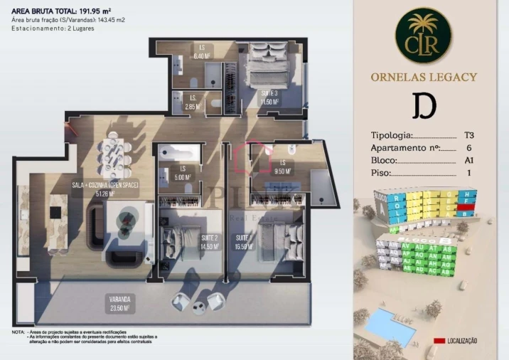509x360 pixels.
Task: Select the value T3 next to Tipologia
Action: click(468, 135)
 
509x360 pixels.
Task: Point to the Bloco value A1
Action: click(468, 160)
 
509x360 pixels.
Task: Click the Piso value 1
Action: click(468, 173)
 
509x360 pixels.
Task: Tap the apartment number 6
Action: click(468, 148)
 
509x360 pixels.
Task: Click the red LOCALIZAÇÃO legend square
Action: click(439, 342)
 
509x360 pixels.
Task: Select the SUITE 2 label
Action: click(209, 242)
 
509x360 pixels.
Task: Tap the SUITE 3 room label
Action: click(269, 98)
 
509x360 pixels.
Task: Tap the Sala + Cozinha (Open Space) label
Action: click(105, 189)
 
